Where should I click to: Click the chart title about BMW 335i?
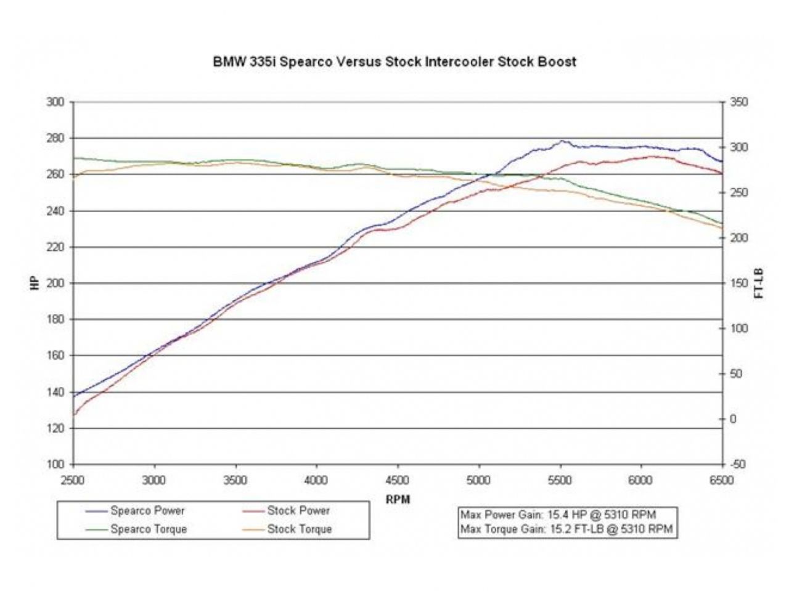pyautogui.click(x=394, y=62)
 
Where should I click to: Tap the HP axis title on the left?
pyautogui.click(x=35, y=283)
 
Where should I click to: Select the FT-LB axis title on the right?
pyautogui.click(x=759, y=283)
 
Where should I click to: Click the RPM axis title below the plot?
pyautogui.click(x=398, y=499)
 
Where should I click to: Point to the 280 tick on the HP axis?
pyautogui.click(x=55, y=138)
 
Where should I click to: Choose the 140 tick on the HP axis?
pyautogui.click(x=55, y=392)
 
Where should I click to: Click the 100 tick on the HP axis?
pyautogui.click(x=55, y=464)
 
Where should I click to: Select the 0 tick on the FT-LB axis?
pyautogui.click(x=734, y=419)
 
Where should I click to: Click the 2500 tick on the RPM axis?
pyautogui.click(x=74, y=480)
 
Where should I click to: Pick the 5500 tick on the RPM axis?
pyautogui.click(x=560, y=480)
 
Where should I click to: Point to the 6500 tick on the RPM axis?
pyautogui.click(x=722, y=480)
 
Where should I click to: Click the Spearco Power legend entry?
pyautogui.click(x=147, y=511)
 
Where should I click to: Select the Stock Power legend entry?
pyautogui.click(x=298, y=511)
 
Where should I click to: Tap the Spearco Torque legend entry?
pyautogui.click(x=149, y=529)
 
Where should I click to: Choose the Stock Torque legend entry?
pyautogui.click(x=300, y=529)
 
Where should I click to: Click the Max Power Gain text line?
pyautogui.click(x=558, y=515)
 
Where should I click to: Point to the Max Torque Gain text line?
pyautogui.click(x=566, y=529)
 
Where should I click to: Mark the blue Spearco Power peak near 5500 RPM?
pyautogui.click(x=562, y=141)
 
